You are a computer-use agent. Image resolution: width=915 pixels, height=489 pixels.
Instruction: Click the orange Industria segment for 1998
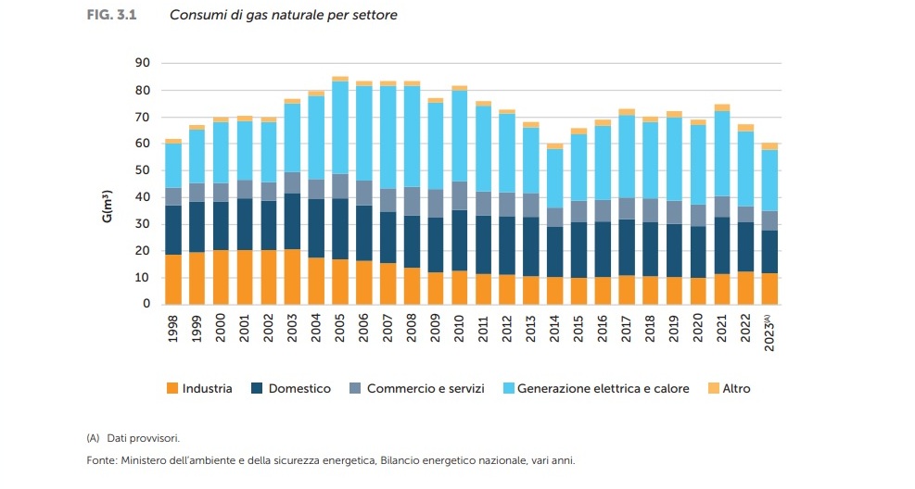[173, 279]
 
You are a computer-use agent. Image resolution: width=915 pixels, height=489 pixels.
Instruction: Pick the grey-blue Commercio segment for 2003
[292, 182]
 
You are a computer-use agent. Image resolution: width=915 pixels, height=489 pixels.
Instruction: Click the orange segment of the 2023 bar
[769, 288]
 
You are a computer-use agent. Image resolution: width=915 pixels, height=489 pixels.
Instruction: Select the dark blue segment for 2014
[554, 251]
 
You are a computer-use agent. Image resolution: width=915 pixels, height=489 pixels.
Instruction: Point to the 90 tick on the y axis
[143, 64]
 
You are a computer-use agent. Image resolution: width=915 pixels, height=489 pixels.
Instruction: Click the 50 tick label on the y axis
[143, 170]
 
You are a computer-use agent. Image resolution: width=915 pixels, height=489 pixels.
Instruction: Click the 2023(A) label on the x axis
[769, 332]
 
